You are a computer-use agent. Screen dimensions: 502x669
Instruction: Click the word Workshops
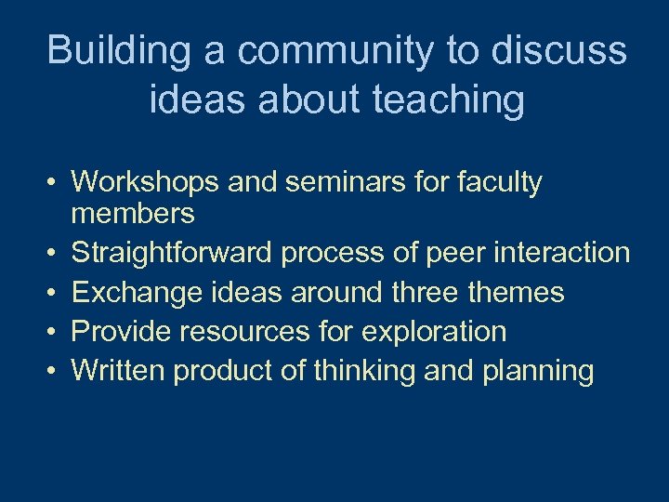[x=145, y=182]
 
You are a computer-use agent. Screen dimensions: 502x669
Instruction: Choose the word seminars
[x=329, y=182]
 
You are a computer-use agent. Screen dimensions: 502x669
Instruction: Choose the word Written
[x=118, y=370]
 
